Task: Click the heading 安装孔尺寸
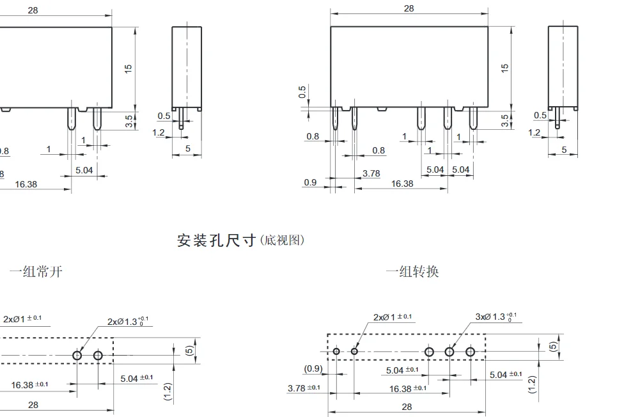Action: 216,240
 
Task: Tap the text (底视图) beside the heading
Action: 283,240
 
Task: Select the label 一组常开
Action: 36,271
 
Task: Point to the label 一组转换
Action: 412,271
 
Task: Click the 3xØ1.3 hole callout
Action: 495,317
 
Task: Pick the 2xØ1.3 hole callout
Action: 129,320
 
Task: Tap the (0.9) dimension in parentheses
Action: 313,368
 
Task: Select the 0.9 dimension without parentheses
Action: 310,182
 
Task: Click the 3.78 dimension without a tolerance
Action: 371,173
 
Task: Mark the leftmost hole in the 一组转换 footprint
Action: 336,351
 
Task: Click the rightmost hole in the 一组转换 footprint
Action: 470,351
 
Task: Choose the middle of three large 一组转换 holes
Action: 449,351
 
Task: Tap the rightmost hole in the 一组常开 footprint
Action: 98,355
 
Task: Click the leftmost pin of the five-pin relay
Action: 334,118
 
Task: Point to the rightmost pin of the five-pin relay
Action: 473,118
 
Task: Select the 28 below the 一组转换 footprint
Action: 407,407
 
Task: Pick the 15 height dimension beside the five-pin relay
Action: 504,67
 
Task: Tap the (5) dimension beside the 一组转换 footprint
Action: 554,346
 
